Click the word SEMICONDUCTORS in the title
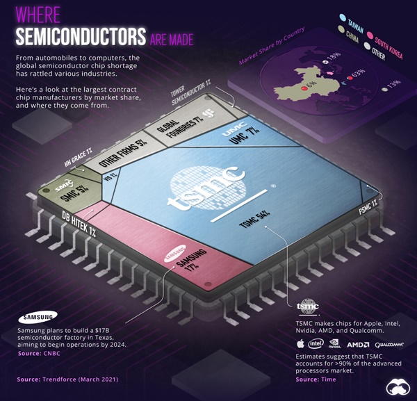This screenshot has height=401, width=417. tap(80, 35)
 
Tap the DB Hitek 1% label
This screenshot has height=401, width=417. tap(78, 223)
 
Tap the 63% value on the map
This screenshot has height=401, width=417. tap(359, 72)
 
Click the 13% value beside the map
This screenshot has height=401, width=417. tap(395, 83)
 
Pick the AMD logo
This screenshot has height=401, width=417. tap(357, 344)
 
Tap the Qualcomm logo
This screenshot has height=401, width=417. tap(389, 344)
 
